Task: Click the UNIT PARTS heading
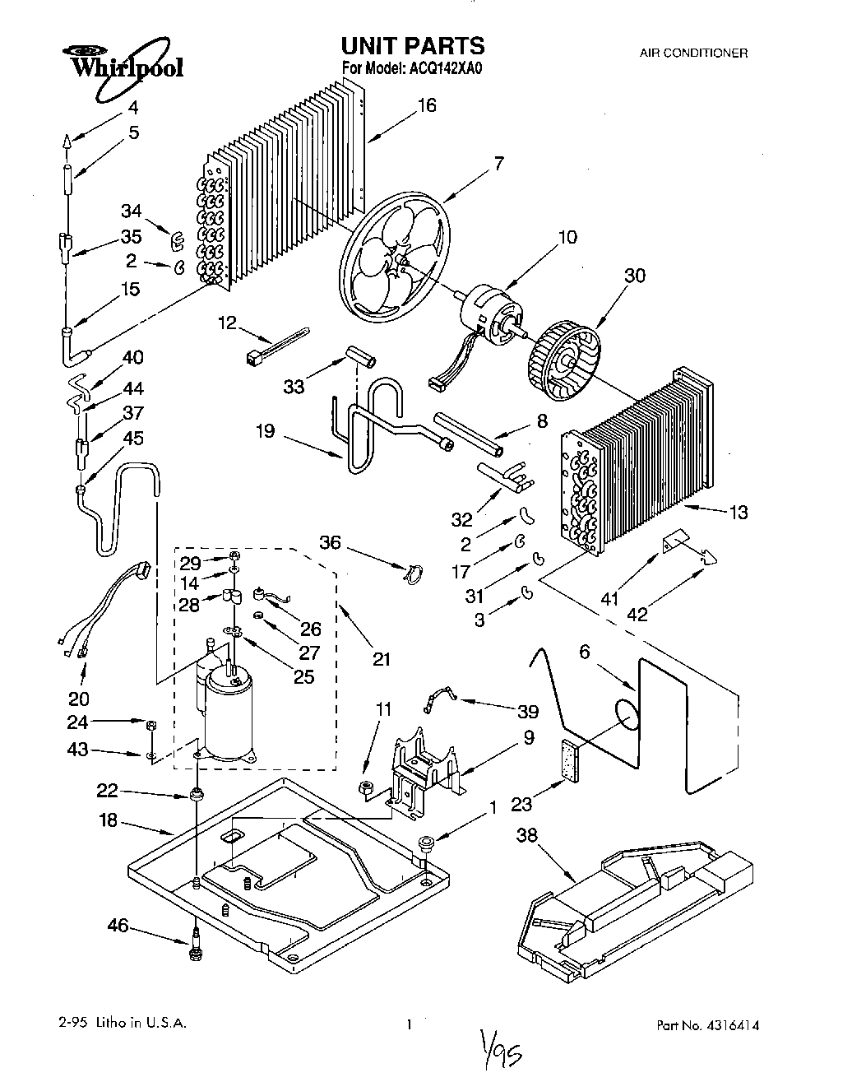pos(413,45)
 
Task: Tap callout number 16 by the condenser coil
pos(426,105)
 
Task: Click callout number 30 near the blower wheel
pos(634,276)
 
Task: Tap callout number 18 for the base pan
pos(110,821)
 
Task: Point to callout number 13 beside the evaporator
pos(738,513)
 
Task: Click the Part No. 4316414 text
pos(707,1025)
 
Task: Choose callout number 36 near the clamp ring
pos(330,543)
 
